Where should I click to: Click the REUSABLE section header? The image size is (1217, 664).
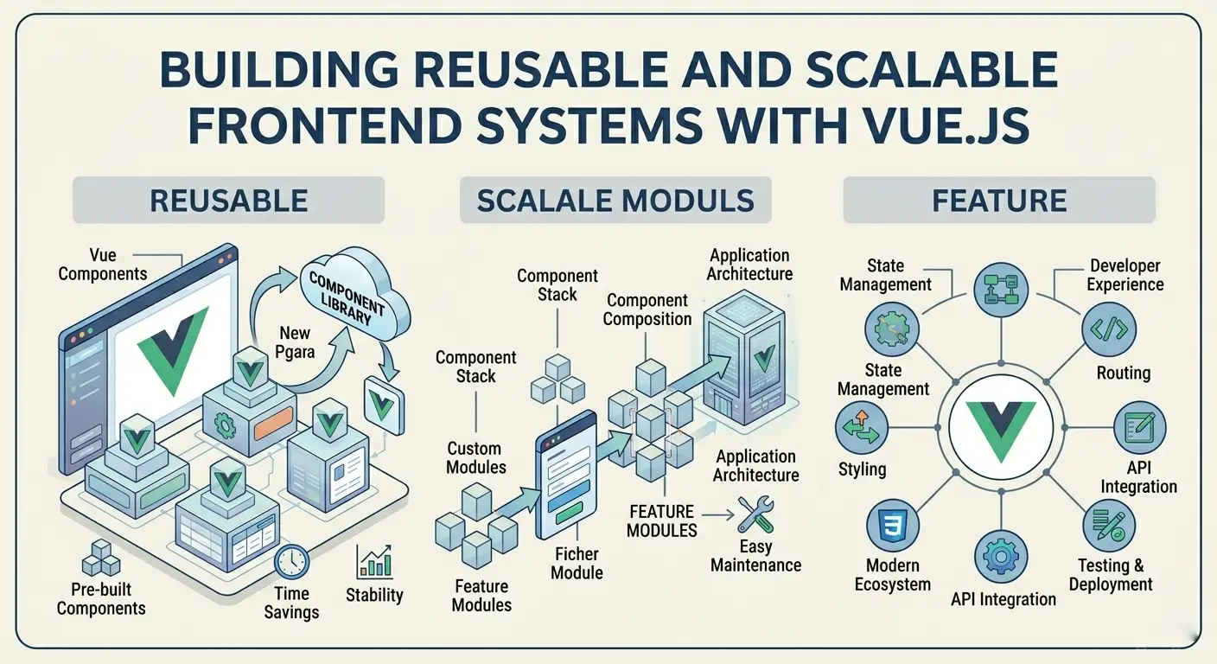tap(228, 201)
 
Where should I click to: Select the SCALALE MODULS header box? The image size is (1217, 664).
tap(615, 201)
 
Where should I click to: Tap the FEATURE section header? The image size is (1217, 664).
tap(998, 201)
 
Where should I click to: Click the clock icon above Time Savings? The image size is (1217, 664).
tap(291, 562)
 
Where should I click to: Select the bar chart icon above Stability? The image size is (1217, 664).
tap(374, 562)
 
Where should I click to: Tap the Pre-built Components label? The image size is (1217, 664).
tap(101, 598)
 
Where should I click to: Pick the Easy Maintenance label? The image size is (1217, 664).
tap(755, 556)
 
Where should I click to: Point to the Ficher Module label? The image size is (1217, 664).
tap(577, 563)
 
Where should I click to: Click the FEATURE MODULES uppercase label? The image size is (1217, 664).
tap(662, 520)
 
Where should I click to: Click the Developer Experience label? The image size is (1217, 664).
tap(1125, 275)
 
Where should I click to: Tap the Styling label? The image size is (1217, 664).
tap(862, 469)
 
